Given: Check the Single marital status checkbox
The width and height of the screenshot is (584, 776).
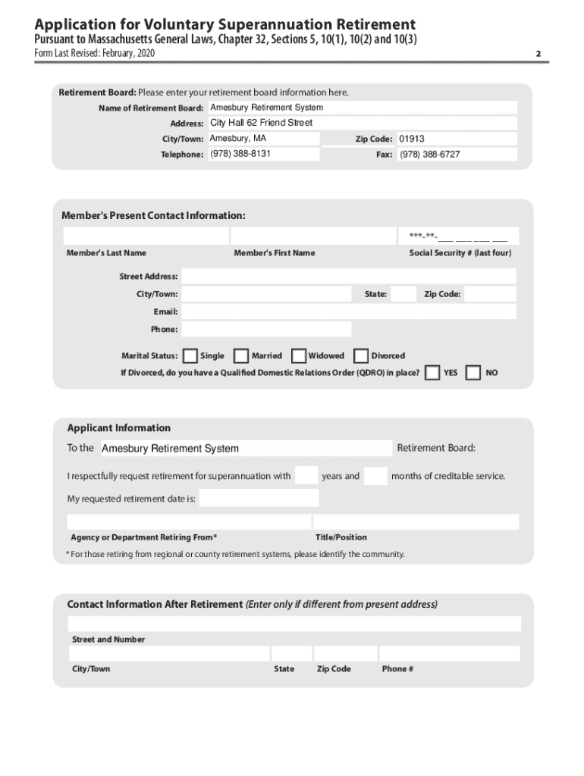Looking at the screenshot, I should coord(190,355).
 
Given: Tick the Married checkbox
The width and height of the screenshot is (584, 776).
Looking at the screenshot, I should coord(241,355).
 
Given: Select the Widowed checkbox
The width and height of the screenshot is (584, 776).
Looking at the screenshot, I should coord(299,355).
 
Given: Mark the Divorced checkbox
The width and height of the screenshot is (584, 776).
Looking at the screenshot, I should coord(361,355).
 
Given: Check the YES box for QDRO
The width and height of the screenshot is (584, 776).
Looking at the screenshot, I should coord(432,373).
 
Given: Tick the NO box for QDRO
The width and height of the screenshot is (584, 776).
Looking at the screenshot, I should coord(473,373).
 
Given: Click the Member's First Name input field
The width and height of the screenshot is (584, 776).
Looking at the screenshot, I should coord(312,236).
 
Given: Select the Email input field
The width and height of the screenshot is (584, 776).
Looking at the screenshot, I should coord(348,311).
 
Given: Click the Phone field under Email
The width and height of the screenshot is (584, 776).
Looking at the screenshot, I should coord(266,329).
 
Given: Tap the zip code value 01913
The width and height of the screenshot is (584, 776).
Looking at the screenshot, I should coord(412,139).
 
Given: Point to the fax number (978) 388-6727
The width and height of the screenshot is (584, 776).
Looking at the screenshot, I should coord(429,155).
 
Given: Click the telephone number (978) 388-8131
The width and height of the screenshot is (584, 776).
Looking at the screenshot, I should coord(240,154).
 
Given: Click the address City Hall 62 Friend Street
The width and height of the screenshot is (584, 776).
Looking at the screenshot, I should coord(261,123).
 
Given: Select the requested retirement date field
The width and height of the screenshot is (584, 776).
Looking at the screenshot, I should coord(259,499).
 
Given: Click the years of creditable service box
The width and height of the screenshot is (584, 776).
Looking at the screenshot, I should coord(306,476).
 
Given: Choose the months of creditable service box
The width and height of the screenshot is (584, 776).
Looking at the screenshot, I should coord(375,476).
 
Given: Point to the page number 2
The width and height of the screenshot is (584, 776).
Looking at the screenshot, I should coord(538,54).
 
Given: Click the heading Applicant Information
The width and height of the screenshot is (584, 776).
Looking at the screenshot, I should coord(119,428).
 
